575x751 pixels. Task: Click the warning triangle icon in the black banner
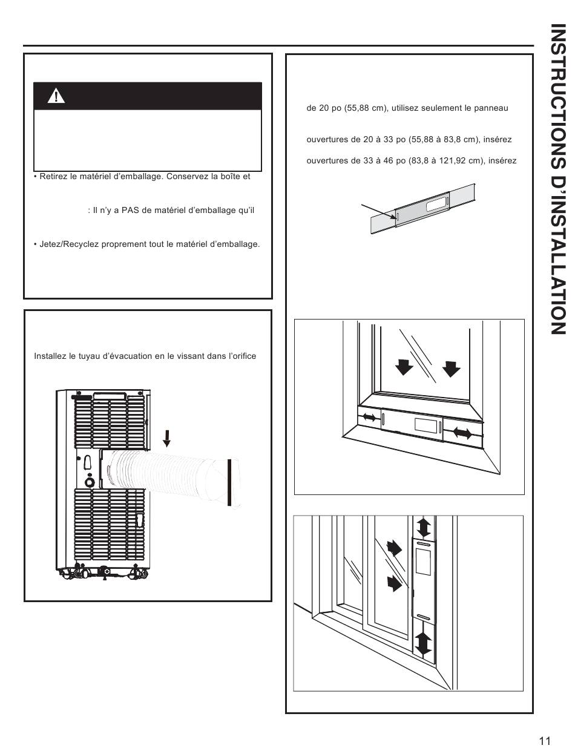tap(55, 96)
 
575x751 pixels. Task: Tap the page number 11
tap(544, 741)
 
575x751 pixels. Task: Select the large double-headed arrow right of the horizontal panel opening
tap(462, 433)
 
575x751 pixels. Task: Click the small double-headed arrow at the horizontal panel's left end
tap(368, 418)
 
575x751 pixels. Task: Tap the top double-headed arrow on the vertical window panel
tap(424, 526)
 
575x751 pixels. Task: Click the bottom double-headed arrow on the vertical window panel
tap(424, 643)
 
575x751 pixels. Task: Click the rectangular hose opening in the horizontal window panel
tap(424, 425)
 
